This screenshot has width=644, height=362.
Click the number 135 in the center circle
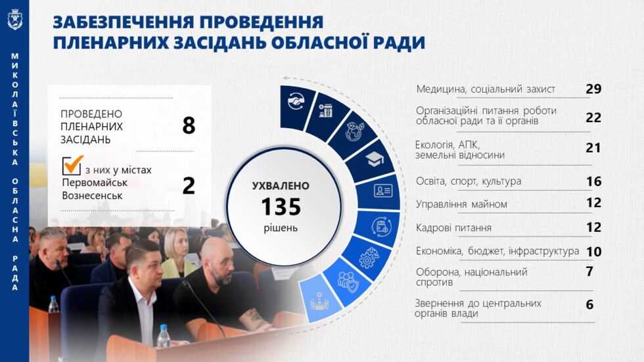click(281, 207)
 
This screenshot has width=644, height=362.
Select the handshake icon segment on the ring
click(296, 102)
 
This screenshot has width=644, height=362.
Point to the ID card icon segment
click(382, 191)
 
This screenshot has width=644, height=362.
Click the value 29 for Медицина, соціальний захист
click(593, 89)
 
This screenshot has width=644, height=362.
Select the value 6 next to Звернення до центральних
click(589, 304)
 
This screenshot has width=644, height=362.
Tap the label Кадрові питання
click(453, 228)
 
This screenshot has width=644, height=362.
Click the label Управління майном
click(461, 204)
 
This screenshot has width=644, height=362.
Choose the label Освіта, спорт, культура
click(469, 181)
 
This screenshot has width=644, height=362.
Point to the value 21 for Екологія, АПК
click(593, 148)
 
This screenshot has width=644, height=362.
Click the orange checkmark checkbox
click(72, 166)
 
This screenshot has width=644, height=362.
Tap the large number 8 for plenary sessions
click(189, 125)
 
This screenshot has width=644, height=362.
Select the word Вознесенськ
click(92, 196)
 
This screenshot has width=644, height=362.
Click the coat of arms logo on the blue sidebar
click(14, 19)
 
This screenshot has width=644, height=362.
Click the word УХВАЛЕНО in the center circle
click(281, 186)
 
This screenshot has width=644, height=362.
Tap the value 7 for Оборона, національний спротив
click(589, 271)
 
